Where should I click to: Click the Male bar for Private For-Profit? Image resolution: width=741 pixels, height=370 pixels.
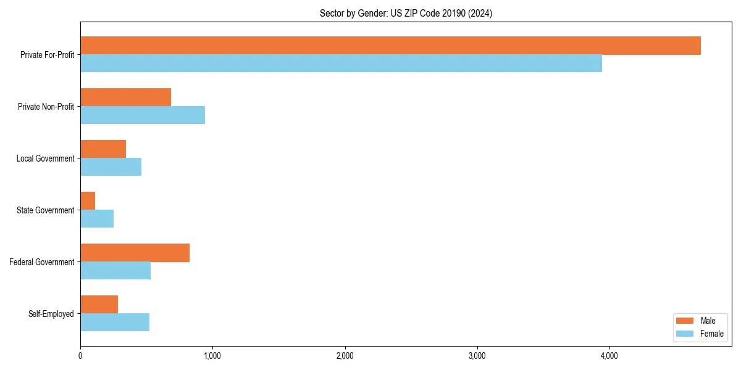390,46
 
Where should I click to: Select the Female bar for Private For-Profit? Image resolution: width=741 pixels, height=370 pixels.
341,64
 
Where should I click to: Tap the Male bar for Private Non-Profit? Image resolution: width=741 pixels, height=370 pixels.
125,97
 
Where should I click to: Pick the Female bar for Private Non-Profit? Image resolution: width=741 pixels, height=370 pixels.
143,115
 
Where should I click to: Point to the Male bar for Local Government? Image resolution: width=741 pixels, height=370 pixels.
103,149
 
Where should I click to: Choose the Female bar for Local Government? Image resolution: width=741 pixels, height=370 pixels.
111,167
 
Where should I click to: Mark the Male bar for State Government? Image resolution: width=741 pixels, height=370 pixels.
88,201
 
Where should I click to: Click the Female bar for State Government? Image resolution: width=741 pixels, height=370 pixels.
97,219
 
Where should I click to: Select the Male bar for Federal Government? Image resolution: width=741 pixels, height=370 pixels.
135,253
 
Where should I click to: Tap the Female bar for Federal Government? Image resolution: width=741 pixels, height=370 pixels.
115,271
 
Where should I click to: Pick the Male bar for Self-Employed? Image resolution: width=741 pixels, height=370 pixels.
99,305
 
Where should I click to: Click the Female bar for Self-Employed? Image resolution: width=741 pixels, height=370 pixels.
115,323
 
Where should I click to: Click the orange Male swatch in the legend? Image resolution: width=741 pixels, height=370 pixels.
685,321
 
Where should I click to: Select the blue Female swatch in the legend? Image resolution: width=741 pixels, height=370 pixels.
685,334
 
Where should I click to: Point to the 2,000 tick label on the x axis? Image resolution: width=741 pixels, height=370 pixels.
345,356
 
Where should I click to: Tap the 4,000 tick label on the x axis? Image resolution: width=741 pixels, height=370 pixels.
609,356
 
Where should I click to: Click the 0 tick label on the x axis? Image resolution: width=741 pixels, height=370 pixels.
80,356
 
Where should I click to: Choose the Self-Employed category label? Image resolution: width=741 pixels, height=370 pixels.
51,314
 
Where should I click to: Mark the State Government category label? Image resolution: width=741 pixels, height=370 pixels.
46,210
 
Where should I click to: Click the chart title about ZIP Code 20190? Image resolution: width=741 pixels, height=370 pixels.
406,14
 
